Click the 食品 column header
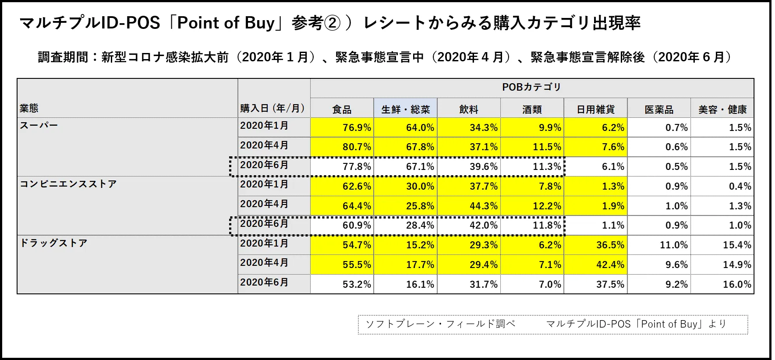point(342,109)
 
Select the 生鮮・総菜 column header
point(405,109)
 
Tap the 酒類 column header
point(532,109)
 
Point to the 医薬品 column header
point(659,109)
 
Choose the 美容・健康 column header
point(722,109)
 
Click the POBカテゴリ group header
point(531,87)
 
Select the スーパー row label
point(39,125)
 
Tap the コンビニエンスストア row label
point(68,184)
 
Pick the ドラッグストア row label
point(54,243)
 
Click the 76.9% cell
point(357,127)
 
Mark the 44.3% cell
point(484,206)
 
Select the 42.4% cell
point(610,265)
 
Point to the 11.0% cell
point(674,245)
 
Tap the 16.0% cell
point(737,284)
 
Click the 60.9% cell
point(357,226)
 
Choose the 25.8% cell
point(420,206)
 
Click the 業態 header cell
point(29,108)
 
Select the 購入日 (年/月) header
point(272,108)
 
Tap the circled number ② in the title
point(332,23)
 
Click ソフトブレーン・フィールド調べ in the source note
point(440,324)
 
